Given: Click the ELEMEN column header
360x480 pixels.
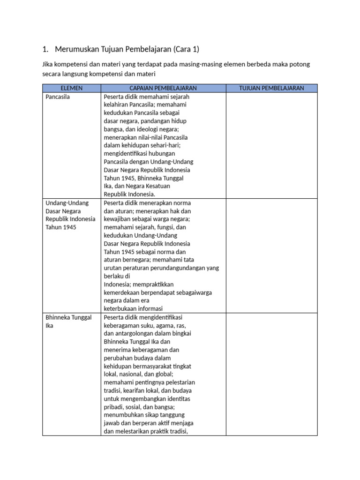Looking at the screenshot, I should pos(71,88).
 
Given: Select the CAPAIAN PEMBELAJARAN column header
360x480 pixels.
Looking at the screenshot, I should pos(163,88).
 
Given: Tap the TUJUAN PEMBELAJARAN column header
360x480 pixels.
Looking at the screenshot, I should pos(271,88).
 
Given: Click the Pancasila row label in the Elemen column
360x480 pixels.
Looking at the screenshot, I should pos(58,97).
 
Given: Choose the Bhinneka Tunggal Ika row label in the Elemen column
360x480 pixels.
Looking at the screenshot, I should pos(68,317).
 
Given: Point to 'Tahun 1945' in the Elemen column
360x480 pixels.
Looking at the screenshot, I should pos(61,227).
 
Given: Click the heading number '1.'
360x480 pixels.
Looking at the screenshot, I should pos(45,49).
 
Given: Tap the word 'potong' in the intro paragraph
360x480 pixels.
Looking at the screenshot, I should pos(300,64).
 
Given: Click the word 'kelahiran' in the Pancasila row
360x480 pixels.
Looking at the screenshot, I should pos(116,105).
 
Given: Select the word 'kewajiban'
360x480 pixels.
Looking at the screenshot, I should pos(117,219).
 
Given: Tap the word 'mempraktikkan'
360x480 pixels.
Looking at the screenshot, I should pos(153,285).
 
